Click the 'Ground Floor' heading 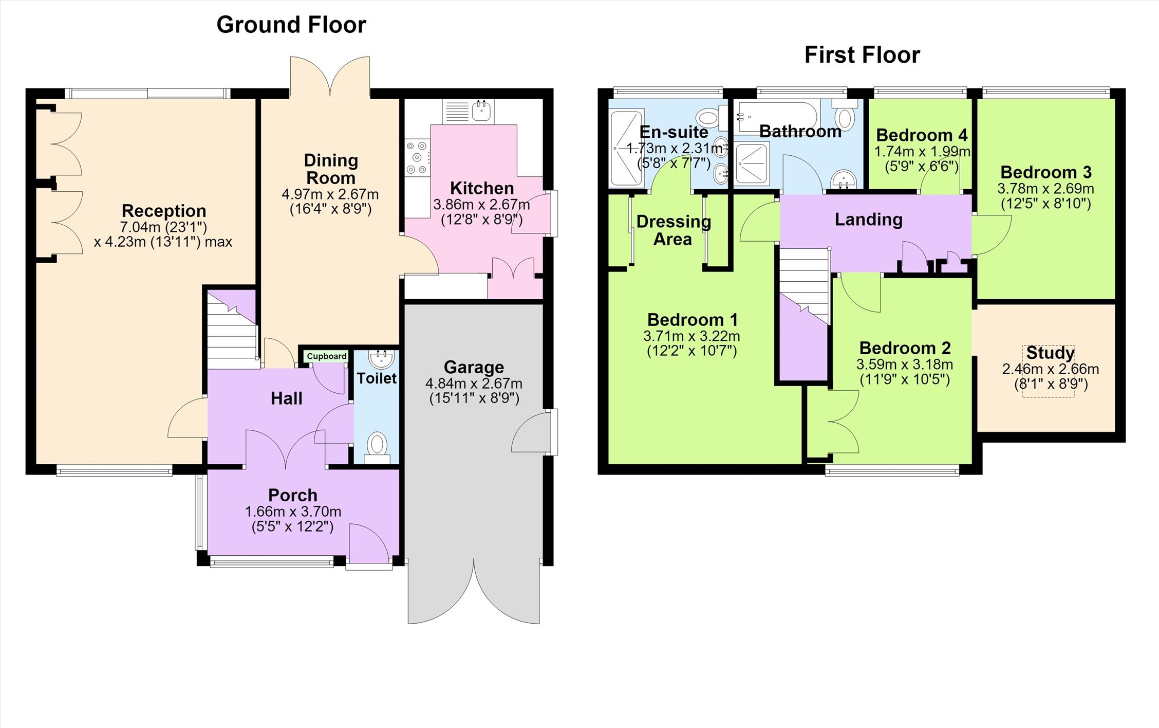291,25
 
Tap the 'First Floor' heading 862,54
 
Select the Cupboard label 327,356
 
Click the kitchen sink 481,111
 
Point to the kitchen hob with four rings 417,157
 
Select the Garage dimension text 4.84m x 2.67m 474,384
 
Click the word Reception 164,211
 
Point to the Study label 1050,353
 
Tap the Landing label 869,220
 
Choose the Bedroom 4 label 922,135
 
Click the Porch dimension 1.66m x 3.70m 293,512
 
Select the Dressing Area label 674,231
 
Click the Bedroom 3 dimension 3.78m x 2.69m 1045,188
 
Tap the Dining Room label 331,169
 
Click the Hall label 287,398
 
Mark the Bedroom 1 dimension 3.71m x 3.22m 691,336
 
